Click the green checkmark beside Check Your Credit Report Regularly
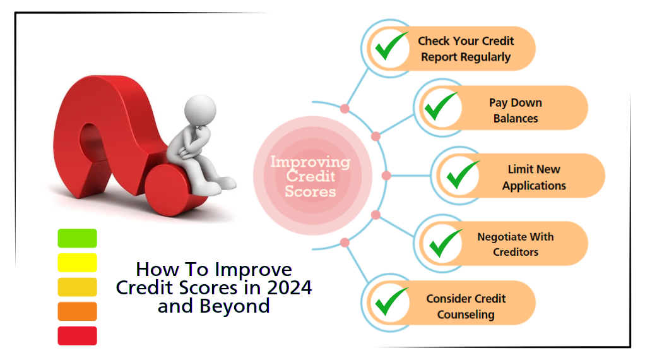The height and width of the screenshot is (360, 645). click(x=391, y=47)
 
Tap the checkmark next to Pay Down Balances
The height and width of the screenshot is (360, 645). click(x=441, y=107)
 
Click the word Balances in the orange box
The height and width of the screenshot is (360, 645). click(x=516, y=118)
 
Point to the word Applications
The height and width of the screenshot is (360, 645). click(x=534, y=186)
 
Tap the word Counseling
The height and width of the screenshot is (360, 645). click(x=466, y=315)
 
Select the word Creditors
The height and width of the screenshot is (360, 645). click(x=516, y=252)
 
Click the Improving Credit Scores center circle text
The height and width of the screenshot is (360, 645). click(x=310, y=176)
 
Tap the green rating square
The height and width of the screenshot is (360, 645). click(x=77, y=238)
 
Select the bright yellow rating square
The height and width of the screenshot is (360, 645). click(x=77, y=262)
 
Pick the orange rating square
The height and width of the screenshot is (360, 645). click(x=77, y=311)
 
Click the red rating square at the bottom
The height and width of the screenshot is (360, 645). click(x=77, y=335)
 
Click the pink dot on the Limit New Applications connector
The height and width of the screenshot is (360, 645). click(x=387, y=176)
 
